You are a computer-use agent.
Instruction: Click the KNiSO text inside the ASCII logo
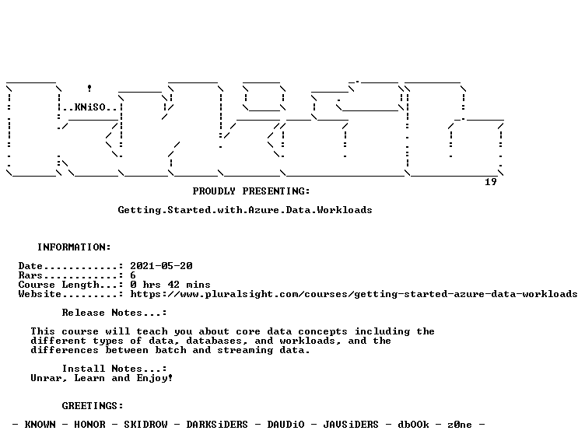[90, 107]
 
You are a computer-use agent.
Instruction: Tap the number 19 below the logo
[491, 182]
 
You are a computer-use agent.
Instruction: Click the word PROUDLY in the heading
[214, 191]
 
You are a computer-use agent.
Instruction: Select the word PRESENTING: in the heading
[276, 191]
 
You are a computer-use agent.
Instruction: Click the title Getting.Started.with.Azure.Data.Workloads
[245, 210]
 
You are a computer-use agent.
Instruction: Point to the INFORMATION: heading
[74, 247]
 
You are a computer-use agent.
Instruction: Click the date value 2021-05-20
[161, 266]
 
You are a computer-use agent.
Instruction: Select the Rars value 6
[133, 275]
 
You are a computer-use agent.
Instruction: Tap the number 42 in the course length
[173, 285]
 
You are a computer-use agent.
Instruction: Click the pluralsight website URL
[354, 294]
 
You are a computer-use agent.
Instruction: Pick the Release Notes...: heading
[114, 313]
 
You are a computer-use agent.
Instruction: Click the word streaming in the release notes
[245, 350]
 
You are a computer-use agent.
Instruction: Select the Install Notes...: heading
[114, 369]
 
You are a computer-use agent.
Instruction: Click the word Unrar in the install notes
[46, 378]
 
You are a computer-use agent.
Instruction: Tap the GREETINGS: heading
[93, 406]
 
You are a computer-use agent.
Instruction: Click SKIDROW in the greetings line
[145, 425]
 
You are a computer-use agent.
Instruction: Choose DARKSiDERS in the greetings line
[217, 425]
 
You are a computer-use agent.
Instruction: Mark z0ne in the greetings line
[460, 425]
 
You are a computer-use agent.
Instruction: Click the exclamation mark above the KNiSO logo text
[89, 89]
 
